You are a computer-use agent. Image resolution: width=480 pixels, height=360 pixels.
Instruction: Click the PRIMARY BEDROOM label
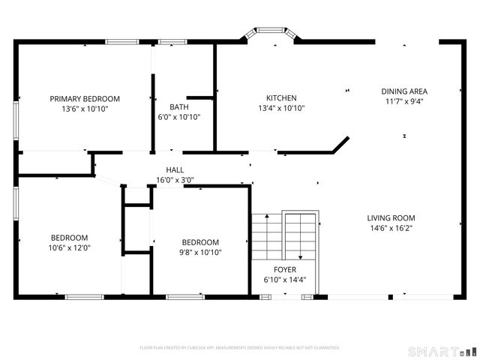(85, 98)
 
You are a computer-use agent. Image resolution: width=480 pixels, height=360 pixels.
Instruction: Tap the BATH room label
(178, 106)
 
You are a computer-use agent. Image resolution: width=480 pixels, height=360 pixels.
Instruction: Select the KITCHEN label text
(281, 98)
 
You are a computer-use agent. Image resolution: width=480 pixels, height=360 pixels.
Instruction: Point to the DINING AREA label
(404, 91)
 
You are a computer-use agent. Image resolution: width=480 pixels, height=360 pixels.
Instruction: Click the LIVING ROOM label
(391, 218)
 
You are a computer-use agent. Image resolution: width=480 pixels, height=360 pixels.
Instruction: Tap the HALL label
(175, 170)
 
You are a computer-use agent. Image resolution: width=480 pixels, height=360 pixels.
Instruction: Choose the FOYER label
(284, 270)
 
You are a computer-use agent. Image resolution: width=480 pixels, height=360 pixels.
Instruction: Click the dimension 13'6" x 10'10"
(85, 108)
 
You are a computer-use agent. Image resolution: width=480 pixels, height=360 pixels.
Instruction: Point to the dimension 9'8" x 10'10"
(200, 252)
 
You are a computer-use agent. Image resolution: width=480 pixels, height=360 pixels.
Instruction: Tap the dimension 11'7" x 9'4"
(404, 101)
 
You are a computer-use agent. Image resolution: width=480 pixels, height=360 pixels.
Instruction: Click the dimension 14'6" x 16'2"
(391, 228)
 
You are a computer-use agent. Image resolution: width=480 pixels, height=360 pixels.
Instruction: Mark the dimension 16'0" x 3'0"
(175, 180)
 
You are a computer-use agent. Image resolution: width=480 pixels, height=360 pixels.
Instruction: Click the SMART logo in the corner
(441, 351)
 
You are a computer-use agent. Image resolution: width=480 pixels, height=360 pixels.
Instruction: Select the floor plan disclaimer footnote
(240, 348)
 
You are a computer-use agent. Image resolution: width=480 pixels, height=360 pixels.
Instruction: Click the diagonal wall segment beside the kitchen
(340, 144)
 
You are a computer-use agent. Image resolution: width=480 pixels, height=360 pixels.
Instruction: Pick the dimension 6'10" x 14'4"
(284, 280)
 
